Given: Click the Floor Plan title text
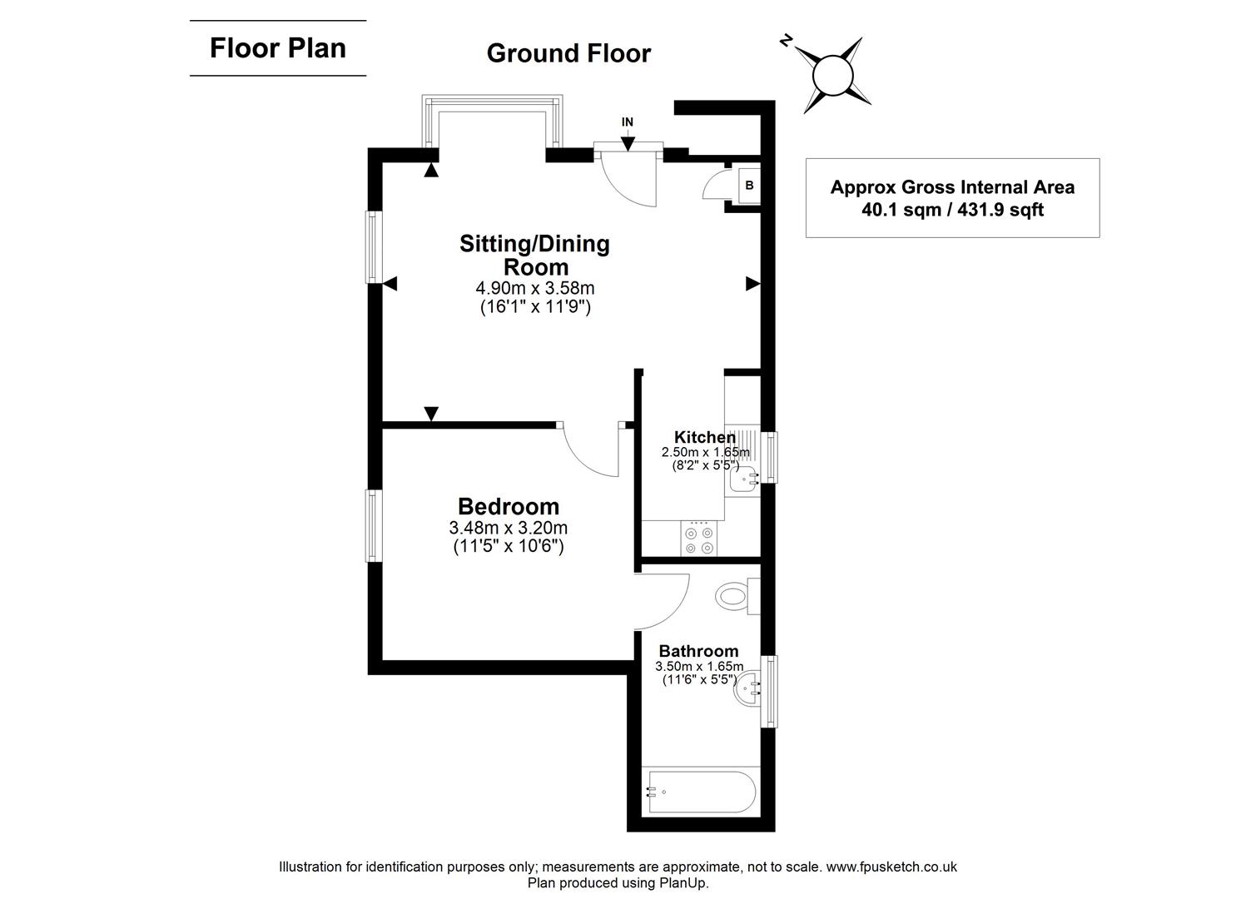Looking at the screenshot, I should (x=277, y=48).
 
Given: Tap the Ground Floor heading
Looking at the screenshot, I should (x=568, y=53).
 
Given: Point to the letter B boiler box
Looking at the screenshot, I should (x=749, y=186).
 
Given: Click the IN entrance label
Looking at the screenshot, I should (x=627, y=122).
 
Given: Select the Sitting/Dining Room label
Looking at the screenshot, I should (x=534, y=255).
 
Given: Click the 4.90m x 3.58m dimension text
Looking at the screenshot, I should (x=534, y=288).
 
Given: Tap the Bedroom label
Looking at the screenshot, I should (x=508, y=506).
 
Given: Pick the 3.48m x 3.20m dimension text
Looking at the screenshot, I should (x=508, y=528).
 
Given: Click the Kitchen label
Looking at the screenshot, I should (x=704, y=437).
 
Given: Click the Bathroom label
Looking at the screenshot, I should (x=698, y=651).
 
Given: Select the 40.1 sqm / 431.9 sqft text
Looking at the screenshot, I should (x=952, y=210).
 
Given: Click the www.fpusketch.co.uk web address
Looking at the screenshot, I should (x=891, y=867).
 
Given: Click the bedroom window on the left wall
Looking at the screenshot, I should (x=375, y=525).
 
